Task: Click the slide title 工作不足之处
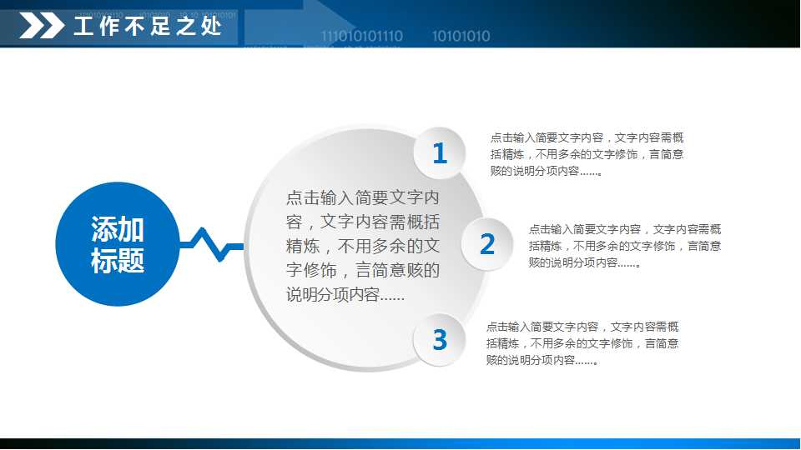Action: pyautogui.click(x=148, y=27)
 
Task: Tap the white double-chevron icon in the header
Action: pyautogui.click(x=42, y=27)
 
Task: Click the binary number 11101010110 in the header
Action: pyautogui.click(x=362, y=36)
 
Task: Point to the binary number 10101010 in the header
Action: pyautogui.click(x=461, y=36)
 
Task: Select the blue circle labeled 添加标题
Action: pyautogui.click(x=118, y=244)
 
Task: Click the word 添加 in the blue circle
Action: pyautogui.click(x=118, y=229)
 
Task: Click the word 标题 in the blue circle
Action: pyautogui.click(x=118, y=261)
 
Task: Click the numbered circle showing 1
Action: pyautogui.click(x=440, y=153)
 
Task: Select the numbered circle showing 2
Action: pyautogui.click(x=487, y=244)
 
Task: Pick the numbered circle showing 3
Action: pyautogui.click(x=440, y=340)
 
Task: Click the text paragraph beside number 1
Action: pyautogui.click(x=587, y=154)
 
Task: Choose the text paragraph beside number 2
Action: pyautogui.click(x=625, y=245)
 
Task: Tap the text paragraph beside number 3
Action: pyautogui.click(x=582, y=343)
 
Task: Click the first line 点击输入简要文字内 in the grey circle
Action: pyautogui.click(x=362, y=198)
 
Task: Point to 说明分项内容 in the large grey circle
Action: pyautogui.click(x=345, y=295)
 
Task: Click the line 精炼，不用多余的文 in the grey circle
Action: pyautogui.click(x=362, y=247)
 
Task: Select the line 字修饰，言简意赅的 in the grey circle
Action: pyautogui.click(x=362, y=271)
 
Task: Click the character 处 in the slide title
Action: pyautogui.click(x=212, y=27)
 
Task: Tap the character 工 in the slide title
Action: pyautogui.click(x=83, y=27)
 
